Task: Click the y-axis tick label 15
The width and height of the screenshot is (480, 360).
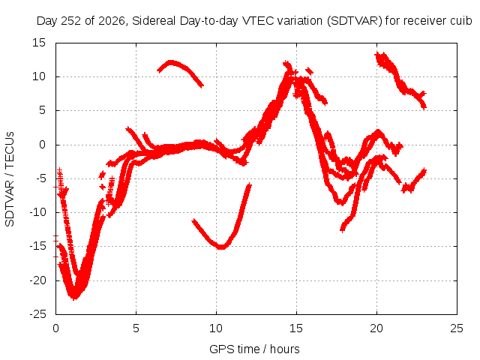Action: (39, 43)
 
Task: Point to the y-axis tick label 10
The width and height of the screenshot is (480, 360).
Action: (39, 76)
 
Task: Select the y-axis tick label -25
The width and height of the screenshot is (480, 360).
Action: (37, 314)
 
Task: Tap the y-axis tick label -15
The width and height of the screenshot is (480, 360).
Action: (37, 246)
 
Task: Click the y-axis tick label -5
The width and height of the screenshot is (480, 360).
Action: (40, 178)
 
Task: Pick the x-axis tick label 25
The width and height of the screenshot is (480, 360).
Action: (457, 328)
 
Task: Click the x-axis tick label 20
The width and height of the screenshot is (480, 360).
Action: (376, 328)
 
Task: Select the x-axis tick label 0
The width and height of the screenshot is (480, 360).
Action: (55, 328)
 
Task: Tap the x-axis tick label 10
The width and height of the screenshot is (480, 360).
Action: (216, 328)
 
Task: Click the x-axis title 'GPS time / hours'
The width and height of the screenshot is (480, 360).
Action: (254, 349)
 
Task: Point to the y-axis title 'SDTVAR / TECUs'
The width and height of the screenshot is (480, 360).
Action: (10, 179)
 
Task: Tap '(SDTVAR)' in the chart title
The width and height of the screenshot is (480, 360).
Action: (355, 21)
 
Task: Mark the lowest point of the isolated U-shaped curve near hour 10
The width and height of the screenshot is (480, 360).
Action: (221, 247)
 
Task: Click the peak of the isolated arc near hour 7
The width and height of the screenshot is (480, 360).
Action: (170, 62)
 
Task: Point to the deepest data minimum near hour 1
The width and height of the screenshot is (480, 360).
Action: (74, 298)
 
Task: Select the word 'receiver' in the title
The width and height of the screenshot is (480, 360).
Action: (427, 21)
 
